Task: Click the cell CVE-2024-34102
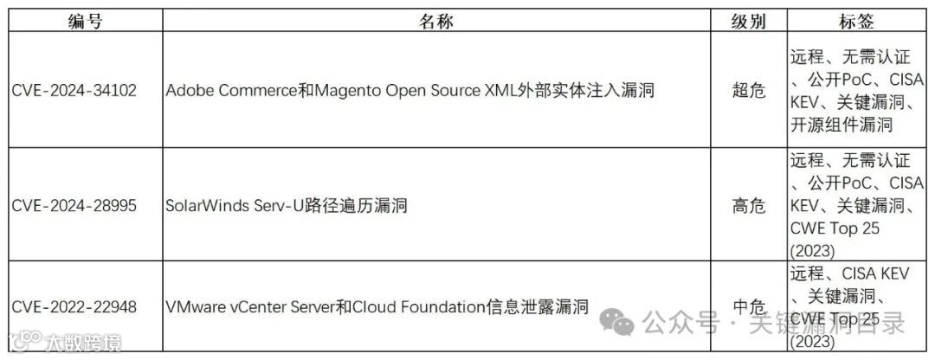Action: click(x=74, y=91)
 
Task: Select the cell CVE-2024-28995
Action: click(x=74, y=206)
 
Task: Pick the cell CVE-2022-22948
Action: click(x=74, y=307)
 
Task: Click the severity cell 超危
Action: click(x=749, y=91)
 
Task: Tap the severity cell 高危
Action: click(x=749, y=206)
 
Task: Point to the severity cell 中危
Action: click(x=749, y=307)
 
